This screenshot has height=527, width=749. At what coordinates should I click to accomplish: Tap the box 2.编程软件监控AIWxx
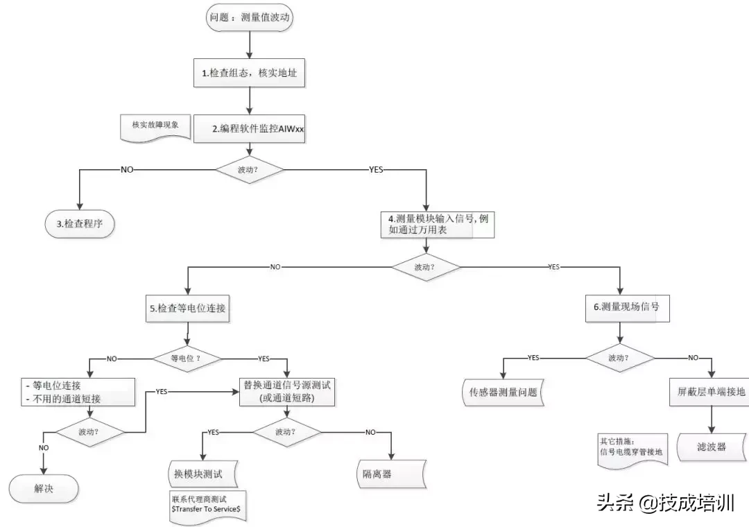click(x=249, y=129)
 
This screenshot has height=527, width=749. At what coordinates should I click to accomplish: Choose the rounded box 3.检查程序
click(x=76, y=223)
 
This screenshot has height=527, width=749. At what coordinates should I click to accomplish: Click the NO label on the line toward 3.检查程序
click(x=128, y=169)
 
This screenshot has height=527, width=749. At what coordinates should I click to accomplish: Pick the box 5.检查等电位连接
click(x=188, y=309)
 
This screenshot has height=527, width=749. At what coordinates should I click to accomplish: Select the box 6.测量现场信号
click(x=627, y=307)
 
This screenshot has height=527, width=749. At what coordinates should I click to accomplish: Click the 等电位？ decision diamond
click(x=187, y=358)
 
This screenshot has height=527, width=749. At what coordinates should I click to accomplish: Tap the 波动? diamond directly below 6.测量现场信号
click(x=620, y=358)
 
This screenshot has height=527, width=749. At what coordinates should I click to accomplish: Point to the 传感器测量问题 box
click(x=503, y=392)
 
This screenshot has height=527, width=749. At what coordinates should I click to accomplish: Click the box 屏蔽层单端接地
click(x=712, y=391)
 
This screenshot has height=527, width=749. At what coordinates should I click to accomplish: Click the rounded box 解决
click(x=44, y=488)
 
